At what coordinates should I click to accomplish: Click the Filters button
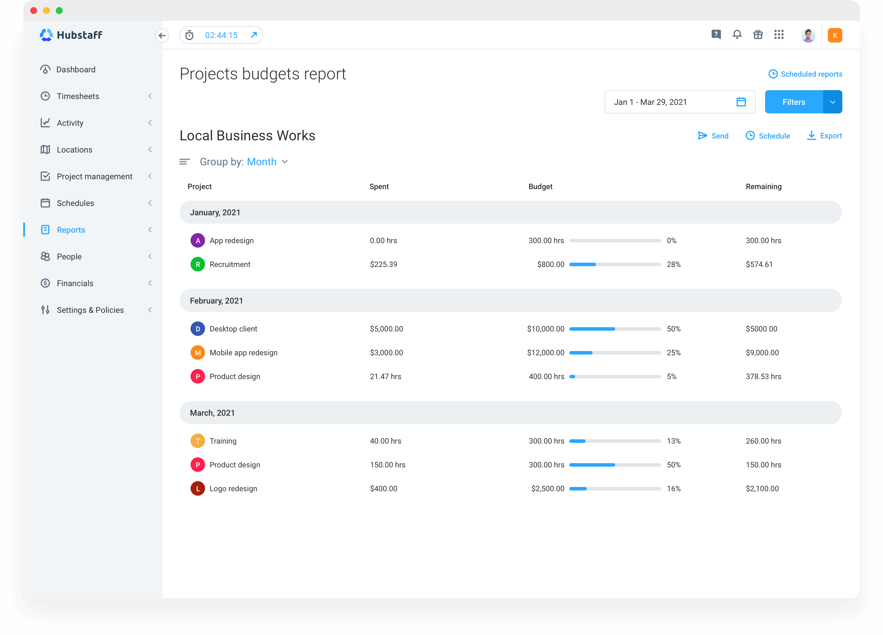pyautogui.click(x=794, y=102)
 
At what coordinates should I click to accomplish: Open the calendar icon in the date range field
pyautogui.click(x=741, y=102)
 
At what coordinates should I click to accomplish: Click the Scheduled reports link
pyautogui.click(x=805, y=74)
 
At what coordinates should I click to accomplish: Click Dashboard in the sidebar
pyautogui.click(x=76, y=69)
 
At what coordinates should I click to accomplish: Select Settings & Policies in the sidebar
pyautogui.click(x=90, y=310)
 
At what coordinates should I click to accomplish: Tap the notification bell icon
pyautogui.click(x=737, y=35)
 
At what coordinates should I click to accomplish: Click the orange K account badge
pyautogui.click(x=835, y=35)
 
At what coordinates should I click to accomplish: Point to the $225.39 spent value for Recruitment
pyautogui.click(x=383, y=264)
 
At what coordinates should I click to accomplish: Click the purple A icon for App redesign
pyautogui.click(x=198, y=241)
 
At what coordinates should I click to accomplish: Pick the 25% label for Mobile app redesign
pyautogui.click(x=674, y=353)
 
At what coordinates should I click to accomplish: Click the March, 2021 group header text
pyautogui.click(x=212, y=413)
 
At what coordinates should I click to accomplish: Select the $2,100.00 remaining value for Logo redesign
pyautogui.click(x=762, y=489)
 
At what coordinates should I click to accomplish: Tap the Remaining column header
pyautogui.click(x=763, y=186)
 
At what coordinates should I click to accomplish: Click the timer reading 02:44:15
pyautogui.click(x=221, y=35)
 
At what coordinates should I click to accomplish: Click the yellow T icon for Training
pyautogui.click(x=198, y=441)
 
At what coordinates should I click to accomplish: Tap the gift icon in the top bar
pyautogui.click(x=758, y=35)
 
